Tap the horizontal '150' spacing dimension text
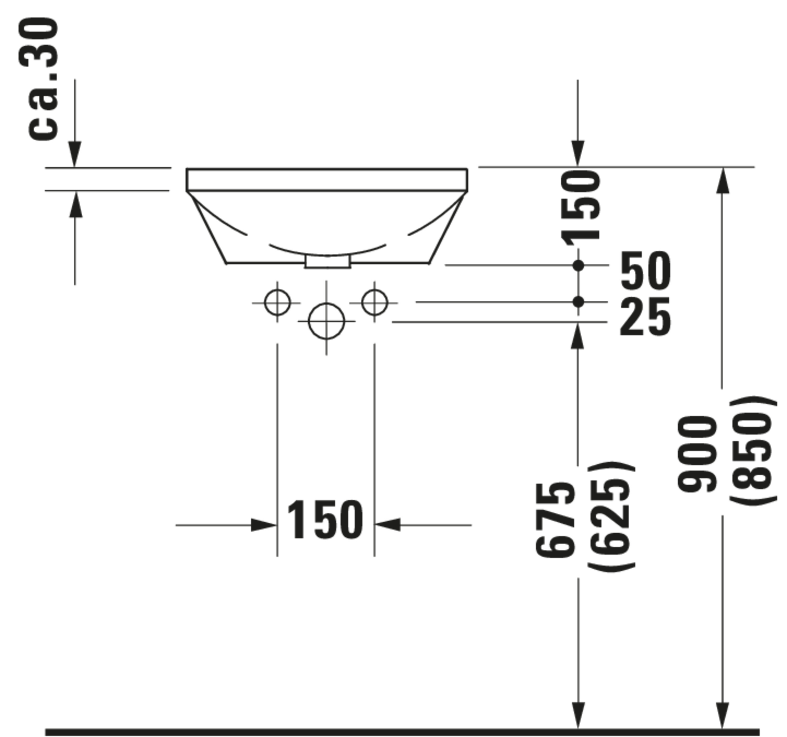(x=325, y=520)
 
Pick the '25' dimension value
(x=645, y=317)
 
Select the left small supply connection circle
(x=277, y=303)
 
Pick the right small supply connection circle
(x=375, y=303)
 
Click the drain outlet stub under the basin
(x=327, y=262)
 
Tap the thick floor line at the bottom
(x=396, y=732)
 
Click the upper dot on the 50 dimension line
(x=578, y=265)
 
